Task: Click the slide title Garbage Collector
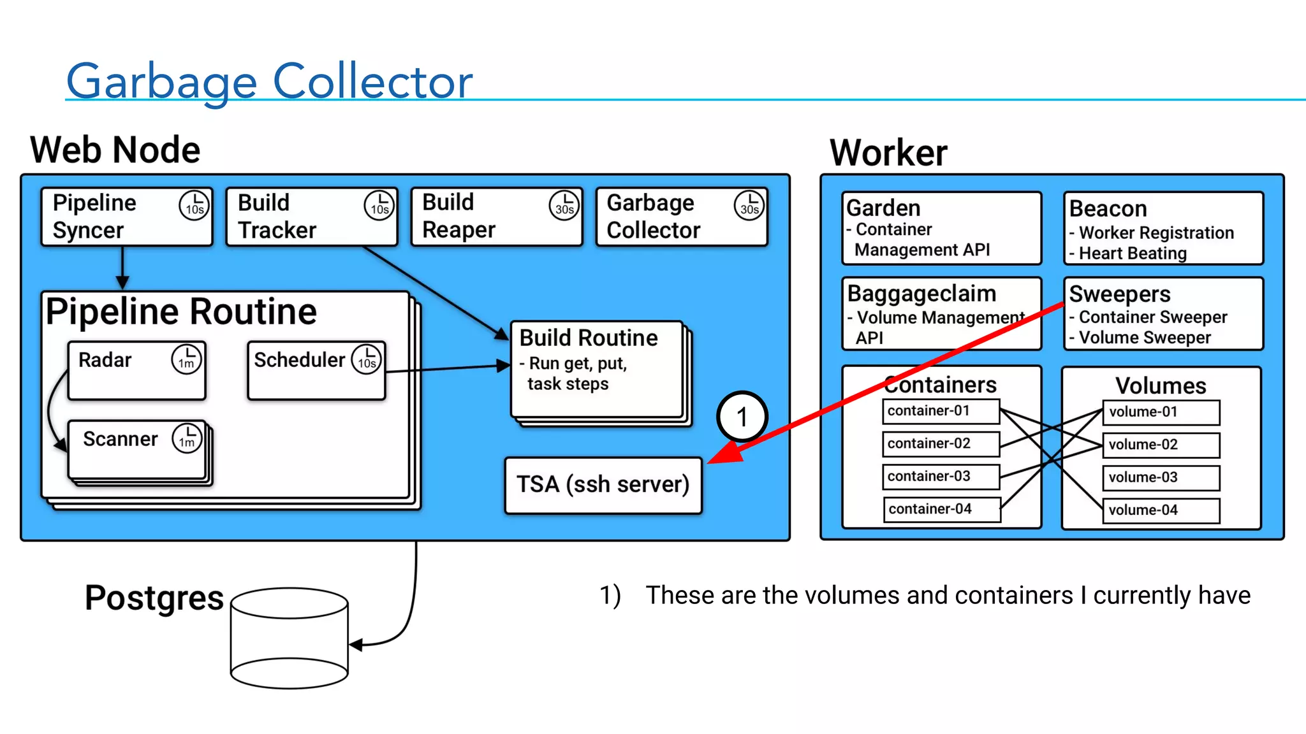tap(269, 82)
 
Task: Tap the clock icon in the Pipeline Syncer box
tap(194, 205)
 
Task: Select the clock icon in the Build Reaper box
tap(564, 205)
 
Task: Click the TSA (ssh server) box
tap(603, 485)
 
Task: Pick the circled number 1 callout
tap(742, 417)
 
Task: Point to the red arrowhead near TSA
tap(724, 454)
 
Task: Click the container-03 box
tap(941, 477)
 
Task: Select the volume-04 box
tap(1161, 510)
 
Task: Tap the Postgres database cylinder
tap(290, 638)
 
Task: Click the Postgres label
tap(154, 598)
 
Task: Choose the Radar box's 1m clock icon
tap(186, 359)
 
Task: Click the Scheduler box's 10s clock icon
tap(367, 359)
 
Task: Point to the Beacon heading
tap(1108, 208)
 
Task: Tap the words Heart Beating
tap(1133, 254)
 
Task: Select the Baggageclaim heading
tap(921, 294)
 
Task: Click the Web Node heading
tap(115, 150)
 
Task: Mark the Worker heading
tap(888, 153)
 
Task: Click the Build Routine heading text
tap(589, 338)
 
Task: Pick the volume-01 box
tap(1161, 412)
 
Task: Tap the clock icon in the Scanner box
tap(187, 438)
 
